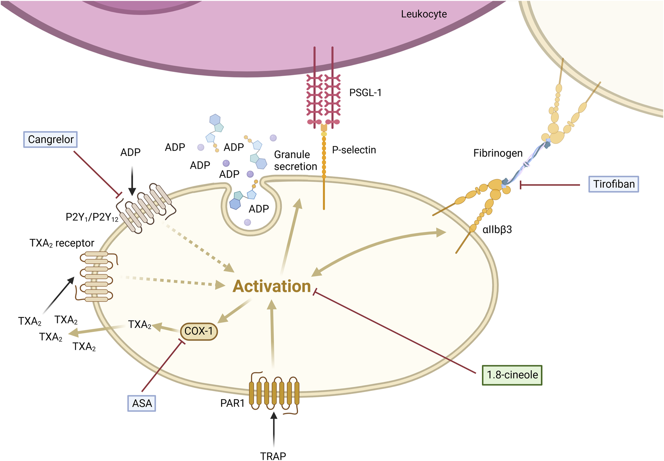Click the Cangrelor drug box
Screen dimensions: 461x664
51,139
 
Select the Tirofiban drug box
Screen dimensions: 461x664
613,184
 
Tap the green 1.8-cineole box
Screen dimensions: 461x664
512,375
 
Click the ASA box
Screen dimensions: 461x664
142,403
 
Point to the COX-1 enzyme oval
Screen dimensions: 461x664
199,331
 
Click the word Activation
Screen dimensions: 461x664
272,286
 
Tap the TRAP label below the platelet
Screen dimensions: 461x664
273,456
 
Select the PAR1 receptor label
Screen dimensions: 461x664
232,403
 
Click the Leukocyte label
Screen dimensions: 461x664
424,14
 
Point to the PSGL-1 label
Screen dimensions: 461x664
365,93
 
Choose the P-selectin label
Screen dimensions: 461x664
354,150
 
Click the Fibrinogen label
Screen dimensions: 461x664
498,153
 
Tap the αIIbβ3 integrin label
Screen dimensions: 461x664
497,229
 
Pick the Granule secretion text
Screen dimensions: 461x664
295,160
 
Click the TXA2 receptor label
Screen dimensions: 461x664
62,243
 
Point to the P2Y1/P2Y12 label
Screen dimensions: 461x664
92,217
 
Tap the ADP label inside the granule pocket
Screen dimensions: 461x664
259,209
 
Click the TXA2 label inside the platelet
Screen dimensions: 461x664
139,325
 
